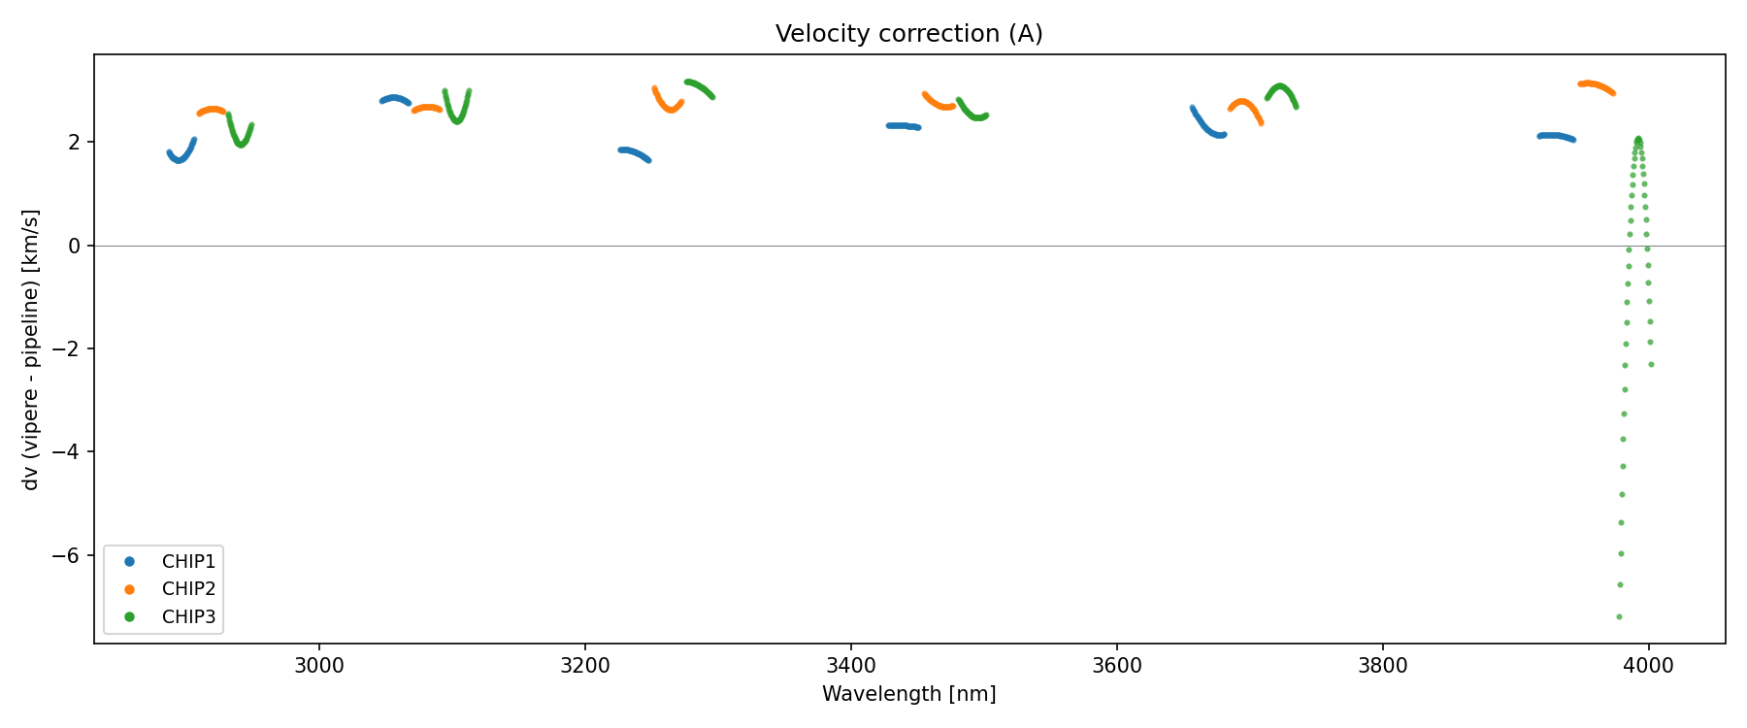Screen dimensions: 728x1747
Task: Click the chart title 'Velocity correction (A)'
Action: pos(908,34)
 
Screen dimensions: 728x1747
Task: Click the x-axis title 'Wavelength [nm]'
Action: pos(908,694)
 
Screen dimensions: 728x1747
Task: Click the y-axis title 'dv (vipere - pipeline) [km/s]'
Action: pos(31,349)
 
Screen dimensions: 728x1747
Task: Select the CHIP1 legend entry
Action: pos(188,562)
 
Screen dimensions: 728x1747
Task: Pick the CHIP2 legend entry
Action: pos(188,589)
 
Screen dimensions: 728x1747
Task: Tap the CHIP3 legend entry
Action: pos(188,616)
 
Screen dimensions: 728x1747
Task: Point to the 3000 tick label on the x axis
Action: pos(318,666)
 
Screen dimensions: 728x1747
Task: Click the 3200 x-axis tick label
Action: pos(584,666)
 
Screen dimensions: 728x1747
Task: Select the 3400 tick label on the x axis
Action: pos(850,666)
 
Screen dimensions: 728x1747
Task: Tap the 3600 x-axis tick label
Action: pos(1116,666)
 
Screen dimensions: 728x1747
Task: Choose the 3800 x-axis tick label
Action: pos(1382,666)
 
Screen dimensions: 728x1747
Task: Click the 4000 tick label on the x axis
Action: pos(1648,666)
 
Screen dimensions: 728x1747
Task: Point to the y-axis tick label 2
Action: pos(75,143)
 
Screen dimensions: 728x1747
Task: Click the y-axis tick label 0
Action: pos(75,247)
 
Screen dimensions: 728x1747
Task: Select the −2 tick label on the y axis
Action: pos(68,349)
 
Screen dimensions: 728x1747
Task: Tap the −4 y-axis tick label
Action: pos(68,452)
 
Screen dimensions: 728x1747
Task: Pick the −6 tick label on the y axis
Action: pos(68,556)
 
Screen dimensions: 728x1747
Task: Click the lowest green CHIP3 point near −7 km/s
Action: pos(1619,616)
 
